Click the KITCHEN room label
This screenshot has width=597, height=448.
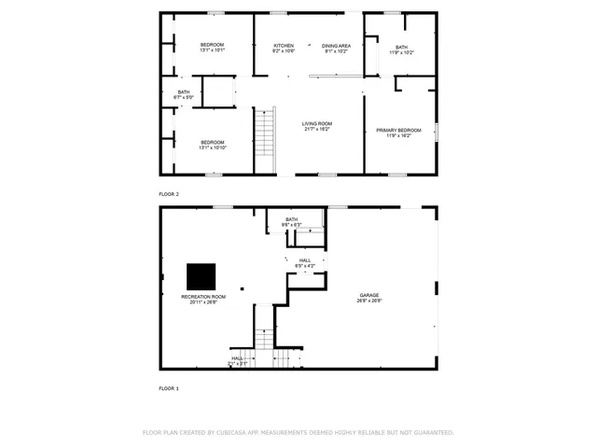tap(284, 46)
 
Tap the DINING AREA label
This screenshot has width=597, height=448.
tap(336, 46)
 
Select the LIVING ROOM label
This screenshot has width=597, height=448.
tap(317, 123)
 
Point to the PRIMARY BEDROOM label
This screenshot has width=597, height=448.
tap(398, 130)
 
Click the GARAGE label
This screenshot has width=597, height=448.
tap(369, 296)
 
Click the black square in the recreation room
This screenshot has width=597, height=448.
tap(201, 277)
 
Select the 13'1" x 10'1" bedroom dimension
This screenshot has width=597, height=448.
tap(212, 50)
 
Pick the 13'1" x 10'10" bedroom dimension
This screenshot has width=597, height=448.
tap(212, 147)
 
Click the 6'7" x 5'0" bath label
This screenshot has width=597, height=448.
tap(184, 97)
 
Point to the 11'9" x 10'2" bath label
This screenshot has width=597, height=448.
tap(401, 52)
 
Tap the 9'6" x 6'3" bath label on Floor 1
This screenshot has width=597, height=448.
tap(292, 224)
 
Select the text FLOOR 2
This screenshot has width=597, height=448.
tap(169, 193)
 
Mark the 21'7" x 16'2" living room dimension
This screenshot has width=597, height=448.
tap(317, 129)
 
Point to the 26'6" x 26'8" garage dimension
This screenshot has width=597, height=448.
tap(369, 301)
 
